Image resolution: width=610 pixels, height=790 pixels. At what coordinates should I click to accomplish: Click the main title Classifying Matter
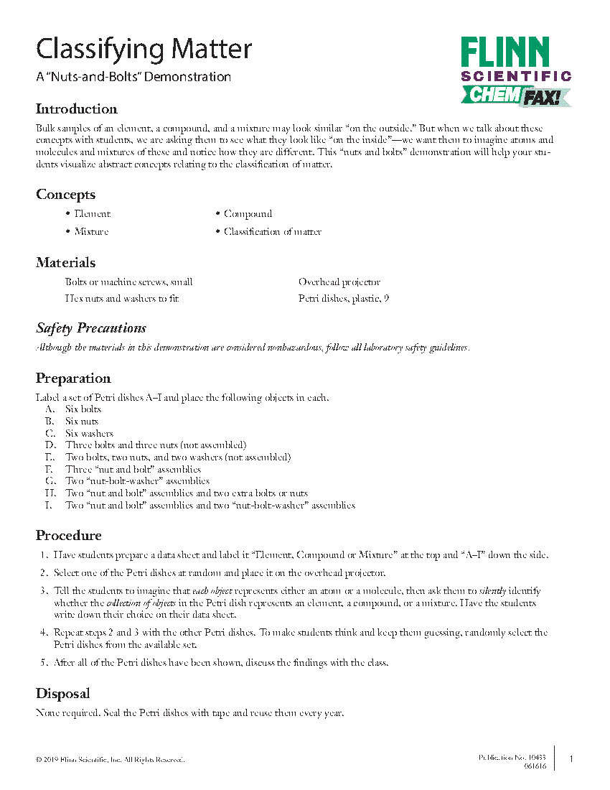pos(144,50)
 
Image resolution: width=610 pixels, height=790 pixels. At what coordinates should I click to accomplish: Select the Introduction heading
pos(77,109)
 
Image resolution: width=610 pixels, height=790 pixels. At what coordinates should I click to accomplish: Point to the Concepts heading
pos(65,195)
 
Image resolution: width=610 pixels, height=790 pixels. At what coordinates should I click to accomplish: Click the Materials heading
pos(65,263)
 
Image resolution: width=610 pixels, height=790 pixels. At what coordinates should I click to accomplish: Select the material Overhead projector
pos(339,282)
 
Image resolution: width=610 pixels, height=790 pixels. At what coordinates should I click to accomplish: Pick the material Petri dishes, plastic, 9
pos(344,298)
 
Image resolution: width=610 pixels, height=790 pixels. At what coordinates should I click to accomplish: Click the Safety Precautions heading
pos(91,328)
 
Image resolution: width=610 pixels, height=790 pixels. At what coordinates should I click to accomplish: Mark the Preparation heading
pos(73,378)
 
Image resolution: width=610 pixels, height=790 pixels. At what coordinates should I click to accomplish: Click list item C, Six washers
pos(89,433)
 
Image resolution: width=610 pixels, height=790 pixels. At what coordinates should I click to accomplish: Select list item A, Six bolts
pos(83,409)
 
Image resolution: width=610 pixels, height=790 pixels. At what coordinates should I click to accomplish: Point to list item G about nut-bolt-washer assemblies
pos(137,481)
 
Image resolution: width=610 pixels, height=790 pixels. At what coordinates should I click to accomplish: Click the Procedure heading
pos(69,536)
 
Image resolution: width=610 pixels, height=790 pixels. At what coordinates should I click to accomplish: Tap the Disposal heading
pos(63,694)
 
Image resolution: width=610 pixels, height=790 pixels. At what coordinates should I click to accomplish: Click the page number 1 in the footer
pos(571,758)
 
